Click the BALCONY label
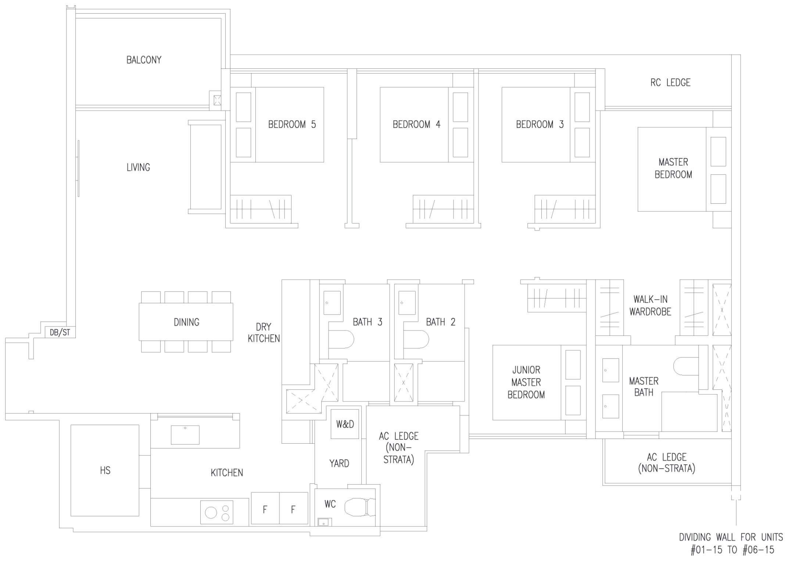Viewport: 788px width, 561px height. coord(144,60)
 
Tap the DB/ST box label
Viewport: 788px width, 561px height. coord(60,333)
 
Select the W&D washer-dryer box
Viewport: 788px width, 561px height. coord(345,424)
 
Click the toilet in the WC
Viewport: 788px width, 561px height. coord(360,507)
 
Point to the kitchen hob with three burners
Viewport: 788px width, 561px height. coord(216,512)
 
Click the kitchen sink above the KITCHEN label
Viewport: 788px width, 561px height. coord(185,435)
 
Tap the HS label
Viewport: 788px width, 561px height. coord(105,470)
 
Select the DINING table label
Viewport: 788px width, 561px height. coord(186,322)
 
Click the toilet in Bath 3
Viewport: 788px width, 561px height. coord(341,339)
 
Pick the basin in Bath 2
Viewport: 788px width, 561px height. coord(407,303)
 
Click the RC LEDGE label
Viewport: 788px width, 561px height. coord(670,83)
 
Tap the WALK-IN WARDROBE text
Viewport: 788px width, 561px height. coord(650,305)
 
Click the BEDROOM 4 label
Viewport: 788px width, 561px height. coord(416,125)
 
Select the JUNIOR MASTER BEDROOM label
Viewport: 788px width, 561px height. coord(526,382)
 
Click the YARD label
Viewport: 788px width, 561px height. coord(339,464)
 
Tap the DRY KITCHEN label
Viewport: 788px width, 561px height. coord(264,333)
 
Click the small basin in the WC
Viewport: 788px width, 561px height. coord(325,522)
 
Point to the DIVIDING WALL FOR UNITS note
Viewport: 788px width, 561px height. coord(731,543)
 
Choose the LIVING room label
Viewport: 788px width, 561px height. coord(138,168)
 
